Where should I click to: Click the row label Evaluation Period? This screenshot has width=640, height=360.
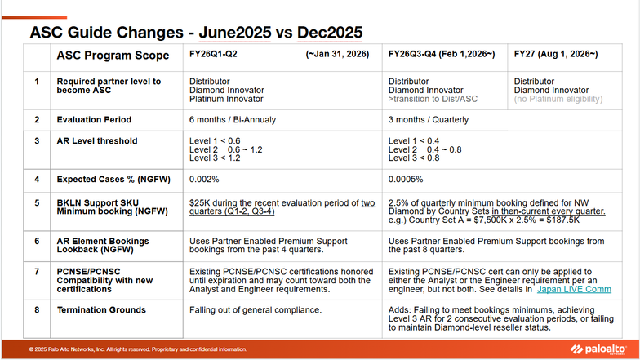(x=94, y=120)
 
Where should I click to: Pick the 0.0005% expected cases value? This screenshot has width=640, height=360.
(x=406, y=178)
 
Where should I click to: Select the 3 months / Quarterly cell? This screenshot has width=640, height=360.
(x=429, y=120)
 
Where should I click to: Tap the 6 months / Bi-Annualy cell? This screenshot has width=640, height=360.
(x=237, y=120)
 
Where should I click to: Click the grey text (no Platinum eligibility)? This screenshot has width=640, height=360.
(x=558, y=100)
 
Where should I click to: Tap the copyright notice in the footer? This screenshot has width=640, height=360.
(x=137, y=349)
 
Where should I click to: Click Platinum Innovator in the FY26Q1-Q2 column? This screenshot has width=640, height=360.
(x=226, y=100)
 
